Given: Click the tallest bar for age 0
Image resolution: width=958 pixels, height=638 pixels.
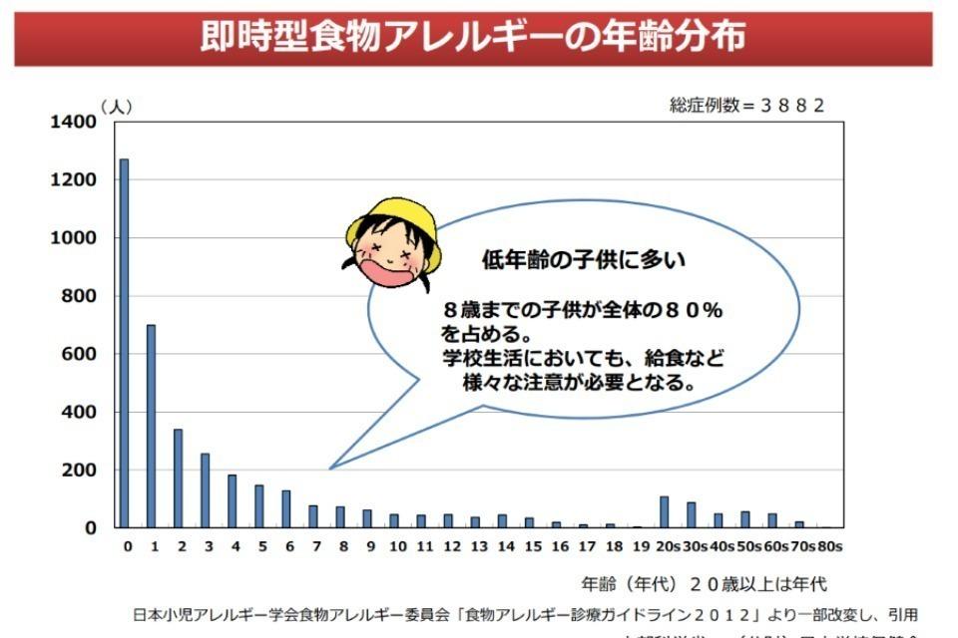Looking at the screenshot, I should coord(124,343).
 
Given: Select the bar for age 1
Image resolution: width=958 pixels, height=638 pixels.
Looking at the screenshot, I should coord(151,426).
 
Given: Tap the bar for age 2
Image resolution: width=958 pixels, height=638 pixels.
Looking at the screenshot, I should coord(178,478).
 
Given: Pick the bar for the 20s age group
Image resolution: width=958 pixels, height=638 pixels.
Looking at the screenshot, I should coord(664,511).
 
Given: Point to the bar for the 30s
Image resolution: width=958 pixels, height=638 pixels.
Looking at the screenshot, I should coord(691,514).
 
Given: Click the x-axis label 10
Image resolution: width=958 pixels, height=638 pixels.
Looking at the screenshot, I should coord(397,546).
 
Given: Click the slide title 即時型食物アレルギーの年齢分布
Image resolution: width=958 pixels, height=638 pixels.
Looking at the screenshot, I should coord(473,37).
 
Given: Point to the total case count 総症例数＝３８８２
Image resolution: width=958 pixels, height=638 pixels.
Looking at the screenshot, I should coord(747,106).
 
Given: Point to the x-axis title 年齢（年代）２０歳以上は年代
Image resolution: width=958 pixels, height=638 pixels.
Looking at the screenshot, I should coord(704,584).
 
